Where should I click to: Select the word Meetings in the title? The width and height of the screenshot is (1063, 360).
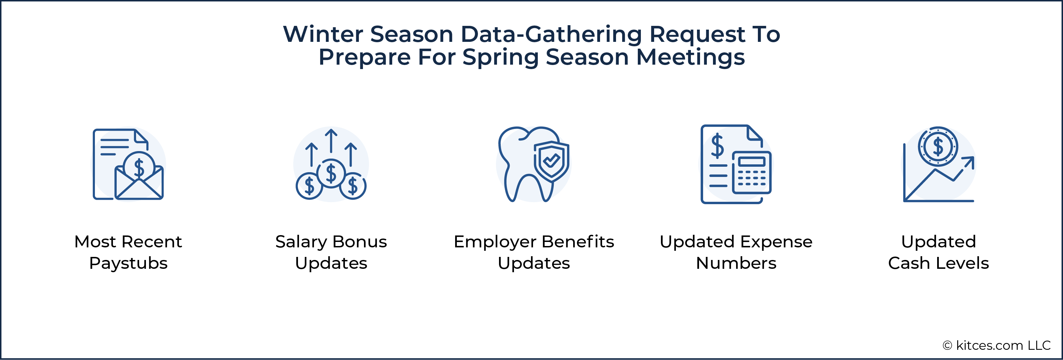pyautogui.click(x=691, y=58)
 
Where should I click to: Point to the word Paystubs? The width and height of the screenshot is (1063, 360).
pyautogui.click(x=128, y=264)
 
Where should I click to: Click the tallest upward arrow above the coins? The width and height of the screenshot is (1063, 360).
pyautogui.click(x=331, y=141)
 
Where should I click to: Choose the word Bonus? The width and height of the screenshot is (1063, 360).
pyautogui.click(x=360, y=242)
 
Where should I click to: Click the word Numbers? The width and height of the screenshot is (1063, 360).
pyautogui.click(x=736, y=263)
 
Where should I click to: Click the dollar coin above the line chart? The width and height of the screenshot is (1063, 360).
pyautogui.click(x=938, y=146)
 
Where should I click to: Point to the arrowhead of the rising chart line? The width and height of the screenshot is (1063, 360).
pyautogui.click(x=969, y=162)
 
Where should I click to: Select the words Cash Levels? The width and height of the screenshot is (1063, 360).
pyautogui.click(x=939, y=263)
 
